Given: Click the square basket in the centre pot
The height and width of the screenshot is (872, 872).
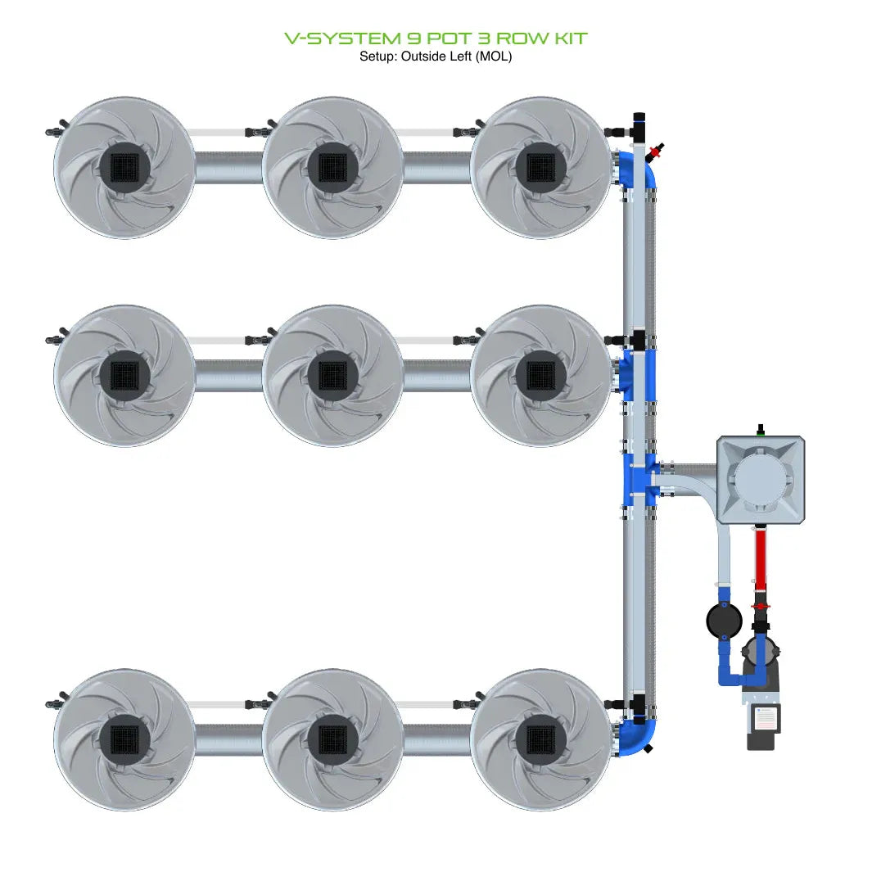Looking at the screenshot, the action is click(332, 376).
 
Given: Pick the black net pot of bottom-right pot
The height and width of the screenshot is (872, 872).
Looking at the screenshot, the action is click(540, 739).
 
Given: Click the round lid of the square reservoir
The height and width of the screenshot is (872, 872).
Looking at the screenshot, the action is click(761, 479).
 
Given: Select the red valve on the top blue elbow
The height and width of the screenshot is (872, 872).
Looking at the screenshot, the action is click(654, 152).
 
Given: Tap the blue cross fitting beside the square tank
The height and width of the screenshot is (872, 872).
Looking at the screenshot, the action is click(639, 479).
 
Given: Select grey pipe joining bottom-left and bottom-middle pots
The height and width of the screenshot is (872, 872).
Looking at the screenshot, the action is click(228, 739).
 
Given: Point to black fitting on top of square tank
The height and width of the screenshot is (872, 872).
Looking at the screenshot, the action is click(761, 429).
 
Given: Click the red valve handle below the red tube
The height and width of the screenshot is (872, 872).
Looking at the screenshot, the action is click(761, 606).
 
